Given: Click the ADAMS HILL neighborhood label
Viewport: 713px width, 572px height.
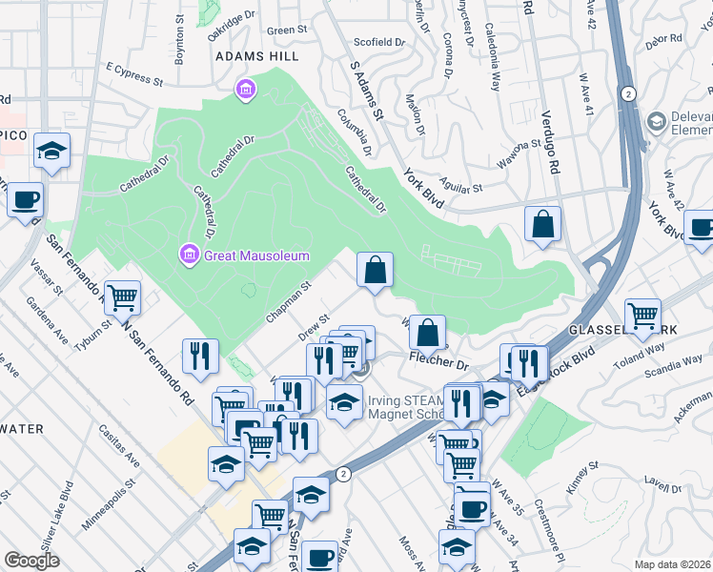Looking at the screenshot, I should tap(257, 57).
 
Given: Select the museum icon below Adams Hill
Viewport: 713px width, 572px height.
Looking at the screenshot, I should tap(246, 90).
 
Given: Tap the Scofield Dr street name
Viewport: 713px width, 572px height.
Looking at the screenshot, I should tap(379, 43).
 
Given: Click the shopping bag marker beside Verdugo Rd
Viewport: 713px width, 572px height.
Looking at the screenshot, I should tap(542, 224).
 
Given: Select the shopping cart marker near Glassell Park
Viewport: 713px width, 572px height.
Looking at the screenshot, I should tap(643, 314).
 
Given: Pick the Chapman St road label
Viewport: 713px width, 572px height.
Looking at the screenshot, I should tap(290, 301).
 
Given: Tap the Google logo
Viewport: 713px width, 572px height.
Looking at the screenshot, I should tap(31, 561).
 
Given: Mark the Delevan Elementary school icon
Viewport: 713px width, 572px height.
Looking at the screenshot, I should tap(656, 122).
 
